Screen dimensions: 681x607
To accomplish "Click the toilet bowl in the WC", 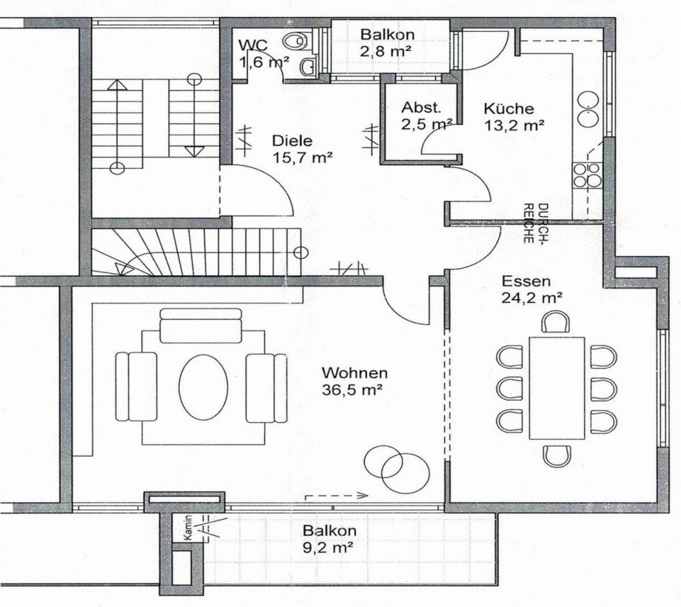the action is pyautogui.click(x=296, y=41).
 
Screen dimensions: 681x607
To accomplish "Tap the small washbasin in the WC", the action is pyautogui.click(x=308, y=67).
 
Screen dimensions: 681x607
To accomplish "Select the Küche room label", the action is pyautogui.click(x=509, y=108).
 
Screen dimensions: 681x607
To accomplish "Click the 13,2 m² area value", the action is pyautogui.click(x=514, y=126).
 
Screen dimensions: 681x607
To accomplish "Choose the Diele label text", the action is pyautogui.click(x=292, y=141).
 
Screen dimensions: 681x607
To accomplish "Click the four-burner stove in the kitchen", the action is pyautogui.click(x=587, y=175).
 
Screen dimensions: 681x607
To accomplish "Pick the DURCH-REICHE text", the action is pyautogui.click(x=535, y=223).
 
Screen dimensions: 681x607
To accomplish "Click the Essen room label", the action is pyautogui.click(x=526, y=281).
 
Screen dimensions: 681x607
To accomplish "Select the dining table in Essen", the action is pyautogui.click(x=557, y=388).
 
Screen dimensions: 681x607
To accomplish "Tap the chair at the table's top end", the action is pyautogui.click(x=555, y=321).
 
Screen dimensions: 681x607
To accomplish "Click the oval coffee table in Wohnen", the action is pyautogui.click(x=204, y=386).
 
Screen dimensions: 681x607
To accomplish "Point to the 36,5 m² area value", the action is pyautogui.click(x=352, y=390).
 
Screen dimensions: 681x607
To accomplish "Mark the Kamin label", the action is pyautogui.click(x=187, y=528).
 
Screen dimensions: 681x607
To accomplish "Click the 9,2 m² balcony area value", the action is pyautogui.click(x=327, y=548).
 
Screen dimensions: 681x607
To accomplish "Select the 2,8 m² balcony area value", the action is pyautogui.click(x=386, y=51).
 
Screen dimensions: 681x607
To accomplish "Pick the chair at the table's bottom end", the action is pyautogui.click(x=557, y=456).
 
